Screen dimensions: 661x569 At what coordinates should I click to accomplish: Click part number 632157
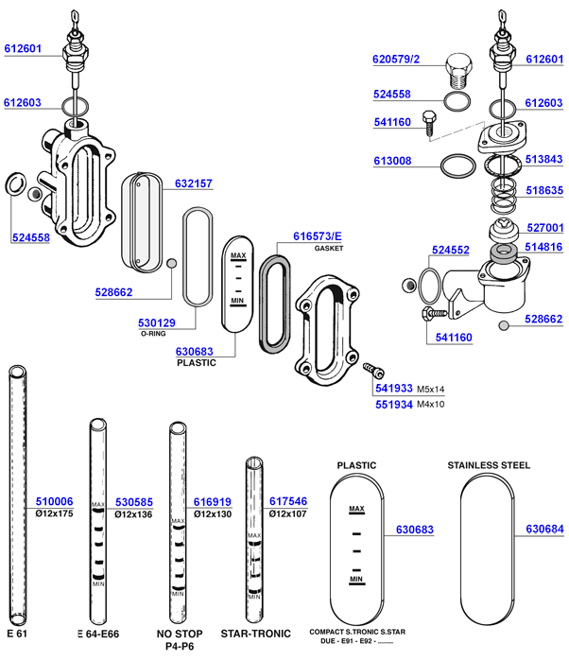(x=194, y=183)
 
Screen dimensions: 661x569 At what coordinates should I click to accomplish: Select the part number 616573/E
(x=318, y=235)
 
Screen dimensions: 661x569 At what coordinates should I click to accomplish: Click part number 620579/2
(x=396, y=60)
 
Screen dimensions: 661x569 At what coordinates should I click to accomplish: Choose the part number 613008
(x=392, y=162)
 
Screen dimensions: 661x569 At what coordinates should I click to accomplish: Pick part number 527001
(x=544, y=228)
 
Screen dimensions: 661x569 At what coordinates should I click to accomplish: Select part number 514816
(x=544, y=248)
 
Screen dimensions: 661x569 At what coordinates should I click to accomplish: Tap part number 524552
(x=451, y=252)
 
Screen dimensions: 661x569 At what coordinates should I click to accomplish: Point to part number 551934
(x=393, y=405)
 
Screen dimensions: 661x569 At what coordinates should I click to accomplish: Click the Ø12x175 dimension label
(x=54, y=514)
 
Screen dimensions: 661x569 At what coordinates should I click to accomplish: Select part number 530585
(x=133, y=502)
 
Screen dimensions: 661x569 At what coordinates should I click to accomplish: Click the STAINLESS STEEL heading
(x=489, y=465)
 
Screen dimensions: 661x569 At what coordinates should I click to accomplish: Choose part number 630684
(x=544, y=530)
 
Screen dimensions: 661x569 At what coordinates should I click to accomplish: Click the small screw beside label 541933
(x=371, y=371)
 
